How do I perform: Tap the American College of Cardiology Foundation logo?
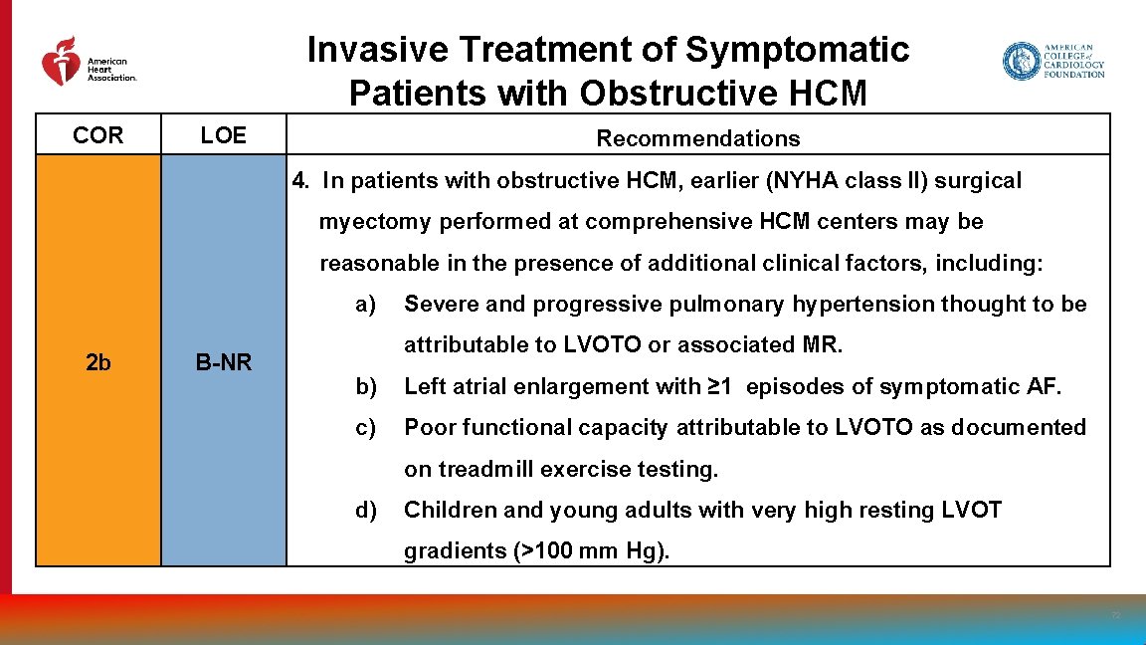click(1052, 61)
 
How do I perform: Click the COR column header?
click(98, 136)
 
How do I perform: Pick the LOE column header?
click(223, 136)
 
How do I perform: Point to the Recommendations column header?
click(697, 138)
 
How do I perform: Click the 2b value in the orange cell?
click(98, 362)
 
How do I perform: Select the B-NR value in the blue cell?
click(223, 363)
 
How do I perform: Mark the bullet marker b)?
click(366, 386)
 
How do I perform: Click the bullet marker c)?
click(366, 427)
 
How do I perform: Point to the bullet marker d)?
click(366, 510)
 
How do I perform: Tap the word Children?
click(450, 510)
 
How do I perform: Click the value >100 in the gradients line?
click(547, 551)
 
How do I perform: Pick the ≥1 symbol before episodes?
click(719, 386)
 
